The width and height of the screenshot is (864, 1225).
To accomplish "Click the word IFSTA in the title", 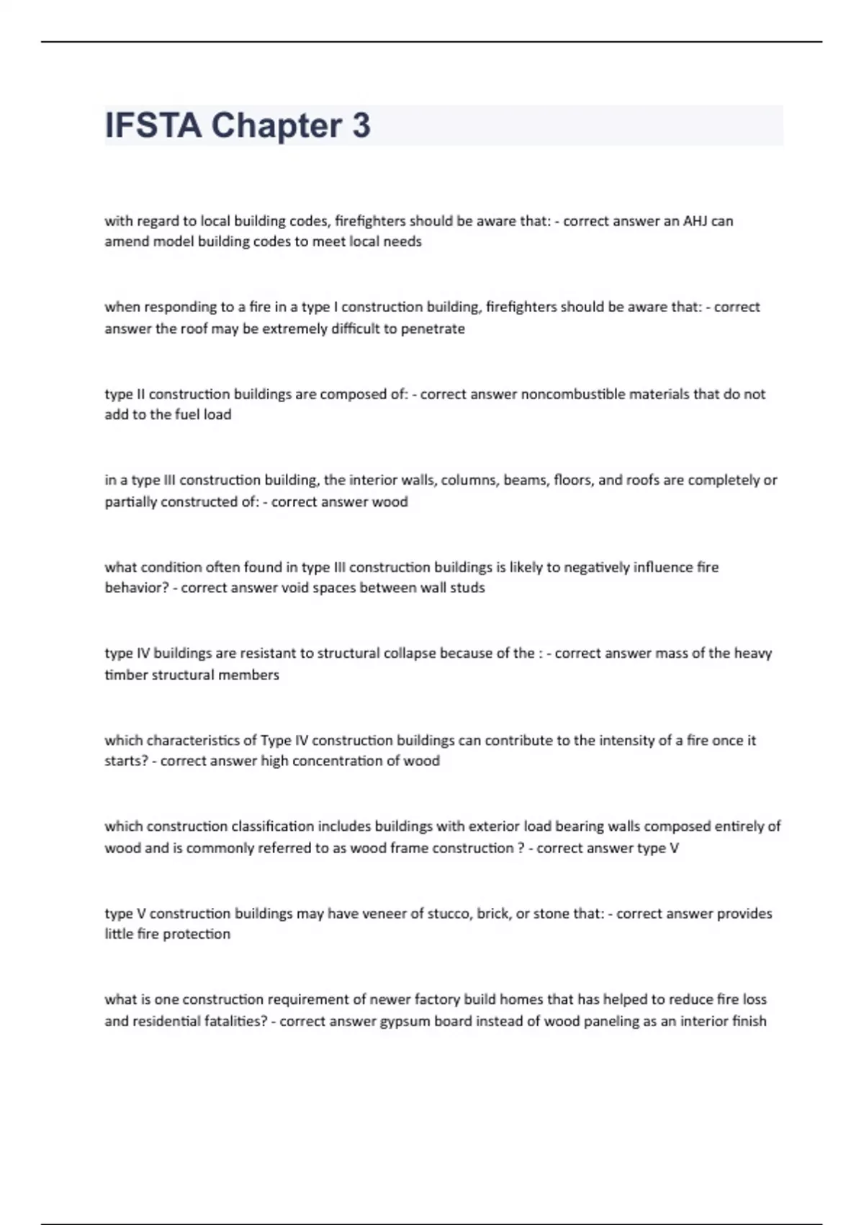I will pyautogui.click(x=153, y=125).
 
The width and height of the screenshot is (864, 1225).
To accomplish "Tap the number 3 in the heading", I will pyautogui.click(x=361, y=125).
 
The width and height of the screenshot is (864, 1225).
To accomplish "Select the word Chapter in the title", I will pyautogui.click(x=276, y=125).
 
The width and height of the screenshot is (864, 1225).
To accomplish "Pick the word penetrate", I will pyautogui.click(x=433, y=329).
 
